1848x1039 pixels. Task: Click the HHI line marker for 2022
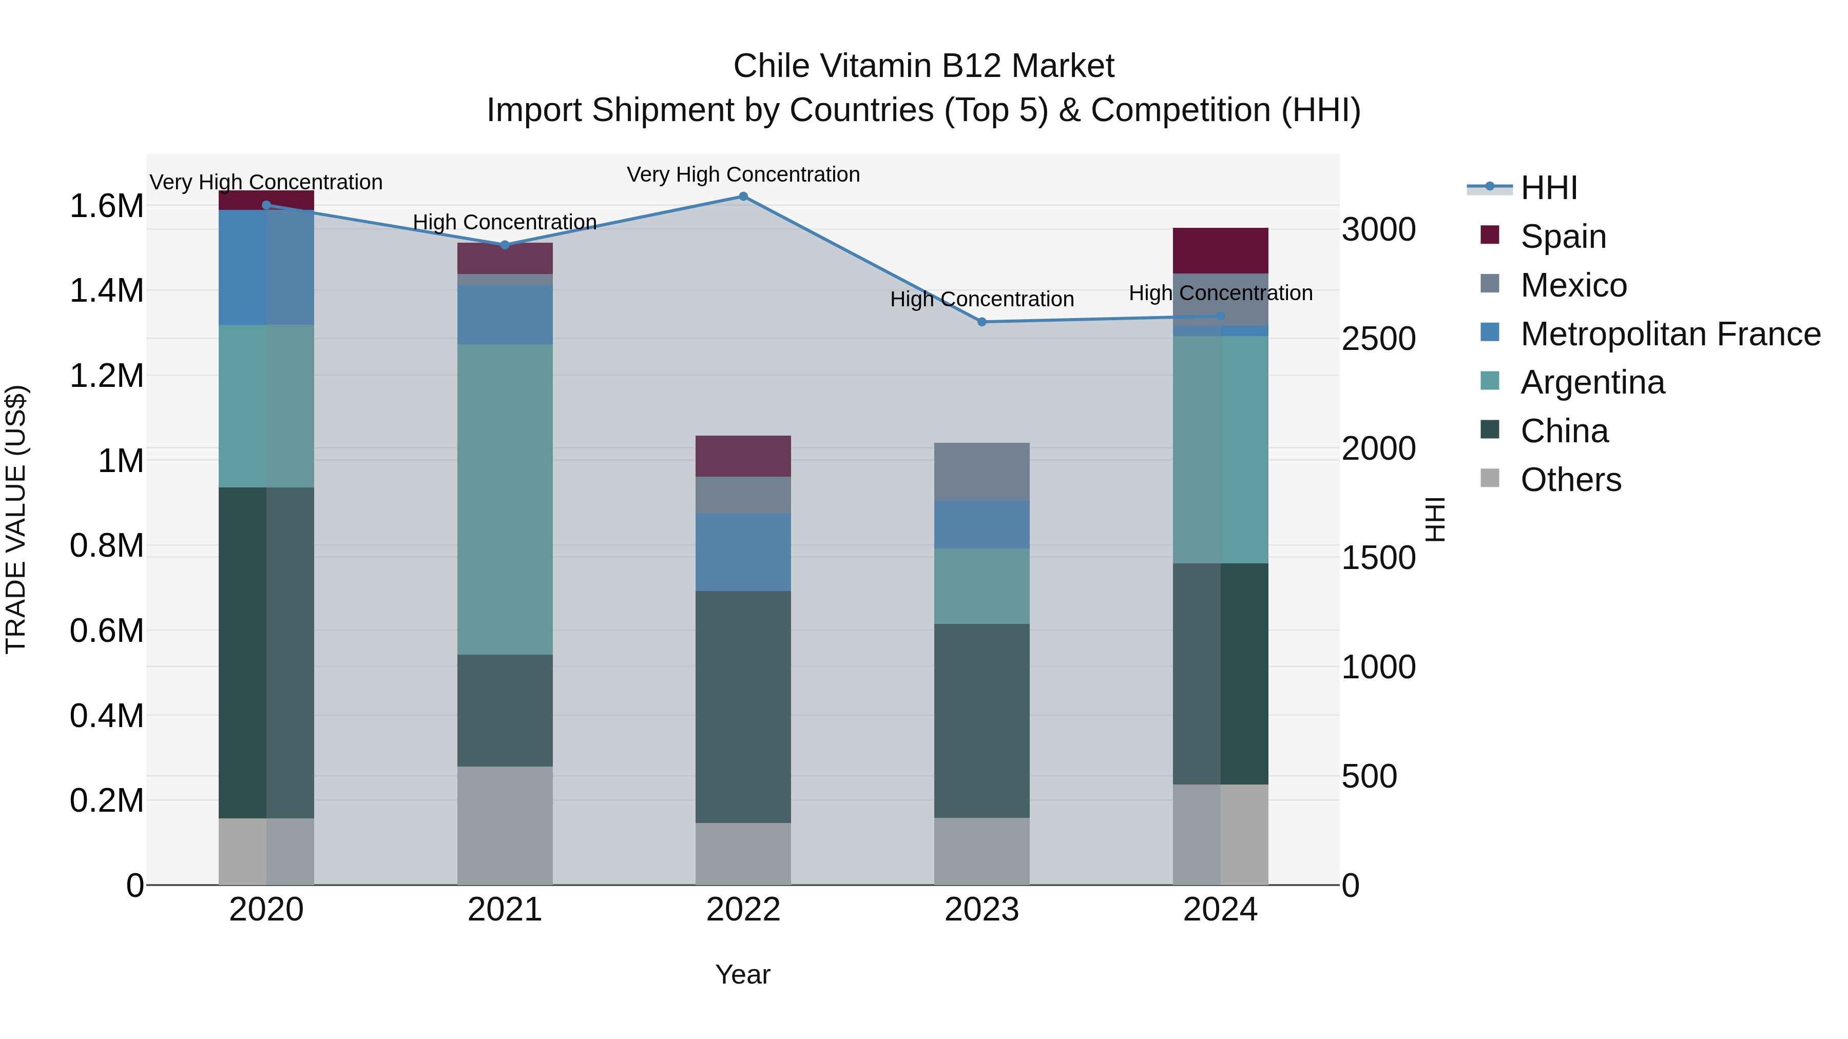pyautogui.click(x=743, y=197)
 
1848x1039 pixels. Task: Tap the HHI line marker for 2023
pyautogui.click(x=982, y=322)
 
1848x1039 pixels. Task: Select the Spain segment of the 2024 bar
pyautogui.click(x=1220, y=250)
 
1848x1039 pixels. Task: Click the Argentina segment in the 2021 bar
pyautogui.click(x=505, y=499)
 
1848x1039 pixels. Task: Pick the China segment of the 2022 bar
pyautogui.click(x=743, y=707)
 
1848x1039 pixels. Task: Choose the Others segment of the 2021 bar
pyautogui.click(x=505, y=826)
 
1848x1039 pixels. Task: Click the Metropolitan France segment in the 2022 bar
pyautogui.click(x=743, y=552)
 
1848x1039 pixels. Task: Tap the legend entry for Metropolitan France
pyautogui.click(x=1669, y=334)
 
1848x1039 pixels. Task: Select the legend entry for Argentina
pyautogui.click(x=1592, y=382)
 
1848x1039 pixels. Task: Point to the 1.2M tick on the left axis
pyautogui.click(x=106, y=376)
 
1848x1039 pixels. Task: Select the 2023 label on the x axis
pyautogui.click(x=981, y=910)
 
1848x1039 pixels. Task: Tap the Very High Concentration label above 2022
pyautogui.click(x=743, y=174)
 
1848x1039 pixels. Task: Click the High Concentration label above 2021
pyautogui.click(x=505, y=222)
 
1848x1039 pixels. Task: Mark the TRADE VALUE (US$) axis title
pyautogui.click(x=16, y=519)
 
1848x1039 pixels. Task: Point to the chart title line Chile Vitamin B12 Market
pyautogui.click(x=923, y=66)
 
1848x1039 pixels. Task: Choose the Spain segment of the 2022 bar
pyautogui.click(x=743, y=456)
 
